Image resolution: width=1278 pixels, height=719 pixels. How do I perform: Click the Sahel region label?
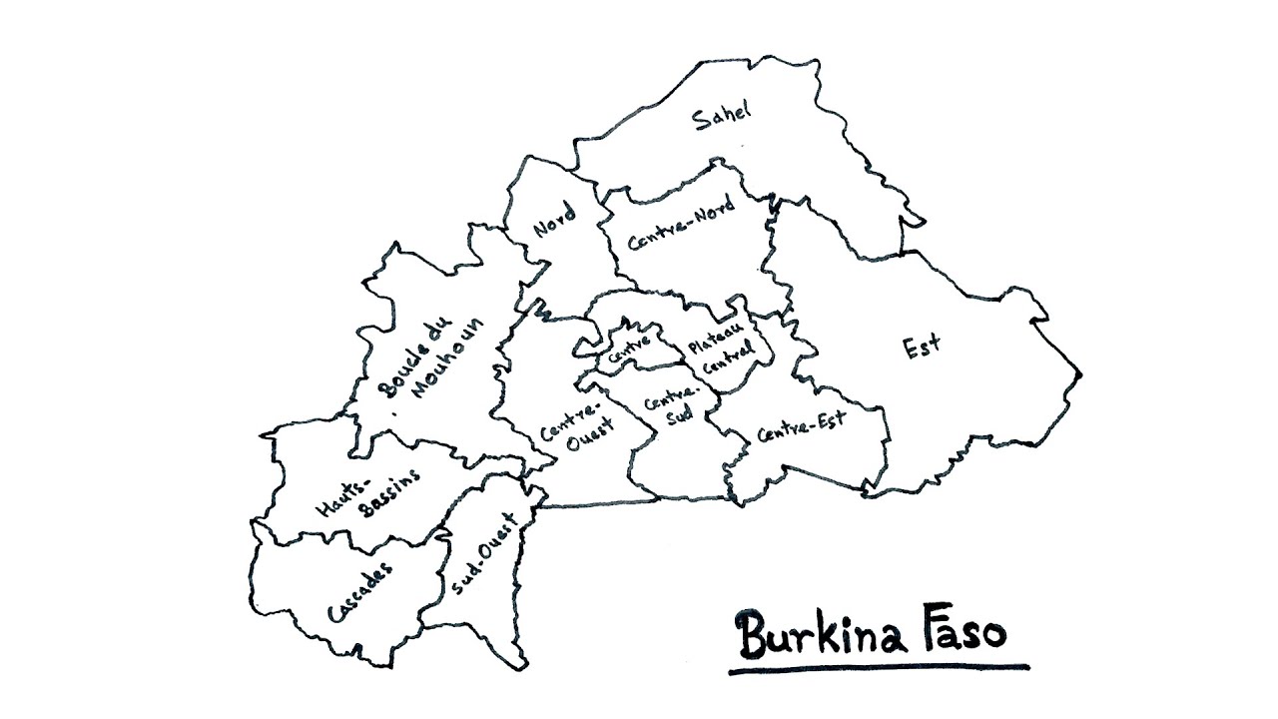[722, 117]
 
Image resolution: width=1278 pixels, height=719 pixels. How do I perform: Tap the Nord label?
[554, 220]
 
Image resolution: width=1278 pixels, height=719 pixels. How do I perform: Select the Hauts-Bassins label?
[364, 493]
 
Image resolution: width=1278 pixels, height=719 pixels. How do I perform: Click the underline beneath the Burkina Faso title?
[879, 669]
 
